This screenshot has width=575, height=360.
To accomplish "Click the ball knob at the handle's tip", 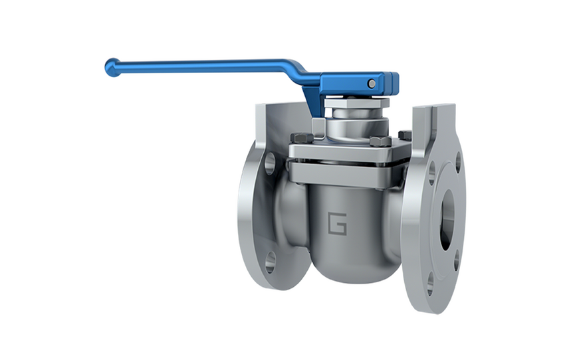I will pyautogui.click(x=113, y=67).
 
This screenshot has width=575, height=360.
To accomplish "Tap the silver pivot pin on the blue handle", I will pyautogui.click(x=372, y=83).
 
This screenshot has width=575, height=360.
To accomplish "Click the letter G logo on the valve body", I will pyautogui.click(x=337, y=224).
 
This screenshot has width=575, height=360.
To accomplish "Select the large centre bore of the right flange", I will pyautogui.click(x=447, y=220).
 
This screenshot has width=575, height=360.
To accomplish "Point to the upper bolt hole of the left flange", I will pyautogui.click(x=270, y=163).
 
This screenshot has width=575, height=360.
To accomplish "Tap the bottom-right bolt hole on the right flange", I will pyautogui.click(x=457, y=260).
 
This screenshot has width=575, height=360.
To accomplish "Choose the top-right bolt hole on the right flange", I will pyautogui.click(x=458, y=162).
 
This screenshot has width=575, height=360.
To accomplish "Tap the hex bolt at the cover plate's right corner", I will pyautogui.click(x=405, y=135).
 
